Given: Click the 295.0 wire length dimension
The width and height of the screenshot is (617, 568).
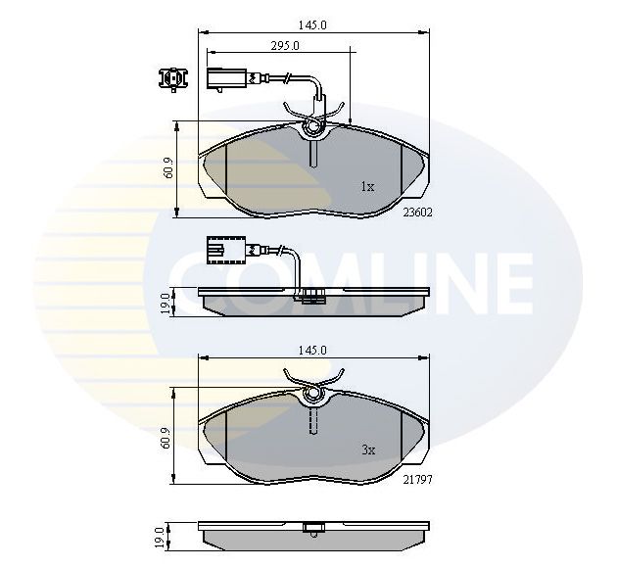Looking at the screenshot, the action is click(x=285, y=46).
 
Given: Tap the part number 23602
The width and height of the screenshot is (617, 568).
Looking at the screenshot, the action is click(x=417, y=213).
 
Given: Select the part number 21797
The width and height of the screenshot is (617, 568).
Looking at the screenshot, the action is click(x=417, y=480).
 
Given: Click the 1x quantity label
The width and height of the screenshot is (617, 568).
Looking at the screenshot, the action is click(x=368, y=186).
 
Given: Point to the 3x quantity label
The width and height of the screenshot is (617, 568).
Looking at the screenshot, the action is click(x=368, y=450).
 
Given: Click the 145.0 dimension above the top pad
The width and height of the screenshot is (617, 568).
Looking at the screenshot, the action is click(x=312, y=25).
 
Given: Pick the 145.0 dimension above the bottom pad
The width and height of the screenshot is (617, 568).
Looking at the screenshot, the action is click(x=312, y=350).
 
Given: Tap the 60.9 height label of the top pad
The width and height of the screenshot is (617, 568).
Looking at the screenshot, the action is click(x=168, y=167).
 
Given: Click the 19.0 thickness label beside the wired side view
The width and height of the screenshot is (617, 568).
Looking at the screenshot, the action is click(x=165, y=303).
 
